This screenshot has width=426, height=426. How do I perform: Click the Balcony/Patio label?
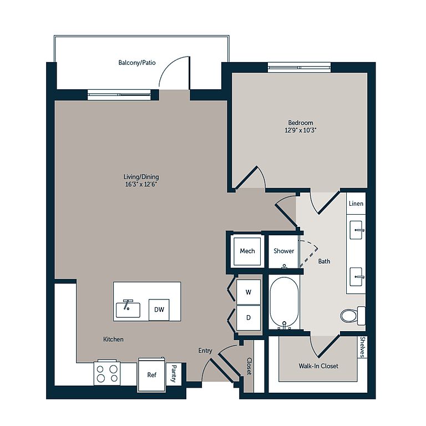tap(137, 63)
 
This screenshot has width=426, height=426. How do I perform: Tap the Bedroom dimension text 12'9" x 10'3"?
tap(301, 130)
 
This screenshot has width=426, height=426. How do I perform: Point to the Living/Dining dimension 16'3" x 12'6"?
tap(141, 184)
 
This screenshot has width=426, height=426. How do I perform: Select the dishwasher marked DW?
tap(159, 310)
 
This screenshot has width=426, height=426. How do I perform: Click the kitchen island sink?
tap(128, 309)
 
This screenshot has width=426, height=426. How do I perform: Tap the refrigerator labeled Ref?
tap(151, 374)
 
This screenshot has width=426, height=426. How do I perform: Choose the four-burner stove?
tap(107, 373)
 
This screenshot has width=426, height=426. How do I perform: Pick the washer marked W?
tap(248, 292)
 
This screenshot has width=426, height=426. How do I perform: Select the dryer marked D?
tap(248, 318)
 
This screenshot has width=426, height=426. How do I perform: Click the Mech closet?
tap(247, 251)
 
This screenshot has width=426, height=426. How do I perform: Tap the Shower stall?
tap(283, 251)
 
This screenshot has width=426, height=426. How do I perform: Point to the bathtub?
tap(284, 302)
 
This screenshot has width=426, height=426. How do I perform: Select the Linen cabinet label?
tap(356, 204)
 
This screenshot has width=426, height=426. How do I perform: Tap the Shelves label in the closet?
tap(362, 347)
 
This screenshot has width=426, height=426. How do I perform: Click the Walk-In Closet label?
tap(318, 366)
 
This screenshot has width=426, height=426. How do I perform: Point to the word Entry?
tap(205, 351)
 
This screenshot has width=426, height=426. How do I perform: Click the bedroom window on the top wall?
tap(299, 67)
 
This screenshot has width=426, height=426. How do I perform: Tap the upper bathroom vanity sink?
tap(356, 230)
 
